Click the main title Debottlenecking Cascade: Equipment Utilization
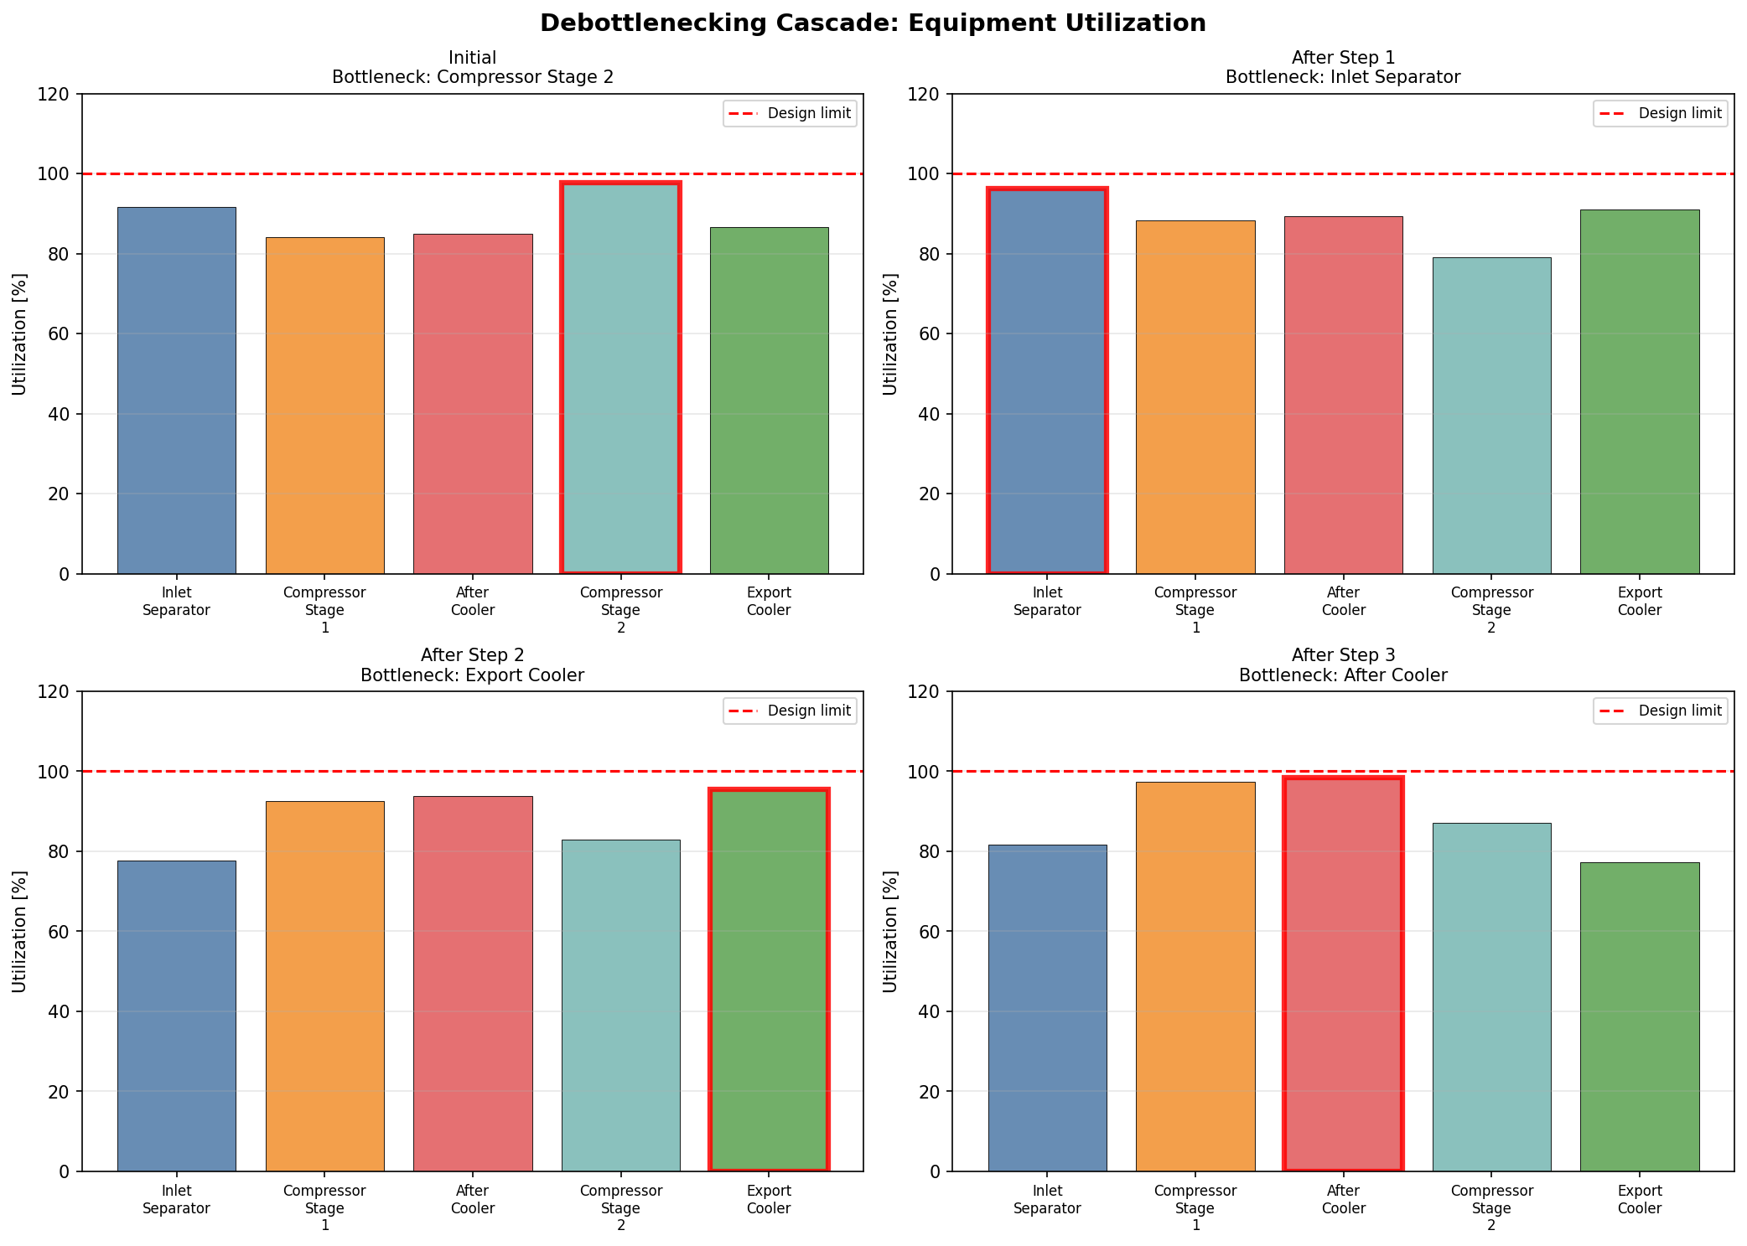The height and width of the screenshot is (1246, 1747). coord(873,23)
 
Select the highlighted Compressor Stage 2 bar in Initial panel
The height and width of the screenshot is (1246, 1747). coord(620,378)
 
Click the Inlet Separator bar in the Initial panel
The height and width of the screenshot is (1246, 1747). coord(176,390)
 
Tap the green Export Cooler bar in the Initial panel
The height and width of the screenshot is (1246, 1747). coord(769,401)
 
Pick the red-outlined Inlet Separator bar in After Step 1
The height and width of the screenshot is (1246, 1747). coord(1047,381)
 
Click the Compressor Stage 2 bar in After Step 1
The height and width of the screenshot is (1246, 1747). coord(1491,416)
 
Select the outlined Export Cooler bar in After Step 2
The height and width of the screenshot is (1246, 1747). coord(769,980)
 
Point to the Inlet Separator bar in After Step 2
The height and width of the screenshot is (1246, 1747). coord(176,1016)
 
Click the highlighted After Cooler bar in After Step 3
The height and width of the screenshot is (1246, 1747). coord(1343,975)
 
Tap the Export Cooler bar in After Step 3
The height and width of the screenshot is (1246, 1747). coord(1640,1016)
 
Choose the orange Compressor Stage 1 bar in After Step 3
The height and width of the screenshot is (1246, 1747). coord(1195,976)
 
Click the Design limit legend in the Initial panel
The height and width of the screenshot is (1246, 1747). coord(790,113)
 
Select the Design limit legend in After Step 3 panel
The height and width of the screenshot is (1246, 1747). coord(1661,711)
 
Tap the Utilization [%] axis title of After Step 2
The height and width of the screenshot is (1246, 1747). coord(20,932)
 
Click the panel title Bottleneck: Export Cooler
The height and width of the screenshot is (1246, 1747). coord(473,675)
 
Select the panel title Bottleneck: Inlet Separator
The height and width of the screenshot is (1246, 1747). coord(1343,78)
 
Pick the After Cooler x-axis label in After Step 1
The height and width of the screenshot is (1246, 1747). coord(1343,602)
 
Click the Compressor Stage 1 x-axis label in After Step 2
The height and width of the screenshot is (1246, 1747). coord(324,1207)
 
